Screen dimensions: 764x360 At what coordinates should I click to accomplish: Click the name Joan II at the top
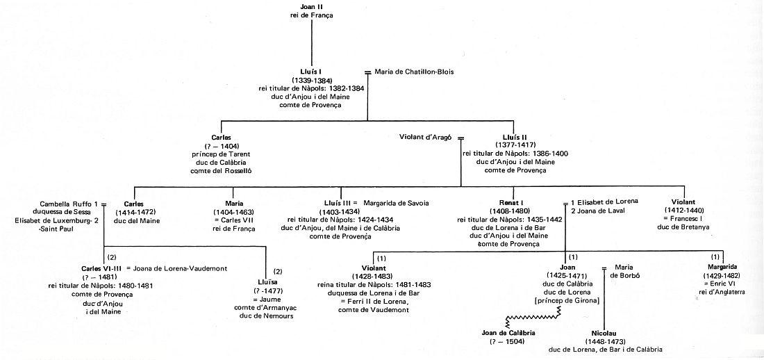[311, 7]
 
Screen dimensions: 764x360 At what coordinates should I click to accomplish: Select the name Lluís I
[311, 72]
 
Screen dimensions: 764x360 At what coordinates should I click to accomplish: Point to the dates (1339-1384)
[311, 79]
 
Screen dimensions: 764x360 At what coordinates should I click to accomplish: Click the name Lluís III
[337, 203]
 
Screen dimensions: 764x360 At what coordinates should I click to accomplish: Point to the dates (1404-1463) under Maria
[233, 212]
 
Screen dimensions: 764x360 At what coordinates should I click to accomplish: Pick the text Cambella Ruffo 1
[69, 203]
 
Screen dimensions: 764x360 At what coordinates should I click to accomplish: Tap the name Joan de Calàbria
[508, 333]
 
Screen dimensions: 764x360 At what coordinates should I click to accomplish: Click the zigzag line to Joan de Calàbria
[533, 318]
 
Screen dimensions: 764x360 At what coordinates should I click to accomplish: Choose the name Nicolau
[605, 333]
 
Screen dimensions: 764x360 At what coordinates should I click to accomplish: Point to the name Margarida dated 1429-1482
[723, 267]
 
